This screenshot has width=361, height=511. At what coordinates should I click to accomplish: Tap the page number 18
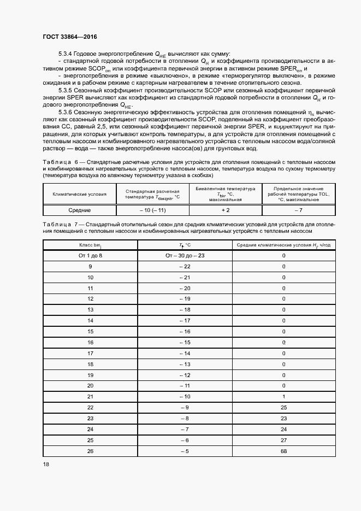46,463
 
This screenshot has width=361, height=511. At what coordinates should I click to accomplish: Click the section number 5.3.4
67,54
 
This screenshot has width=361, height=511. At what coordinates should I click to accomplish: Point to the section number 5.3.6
67,111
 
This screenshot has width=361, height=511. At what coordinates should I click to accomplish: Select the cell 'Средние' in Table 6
79,210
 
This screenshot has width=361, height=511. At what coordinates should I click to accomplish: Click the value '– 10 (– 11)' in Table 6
152,210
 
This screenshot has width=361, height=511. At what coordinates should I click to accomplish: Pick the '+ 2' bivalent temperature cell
225,210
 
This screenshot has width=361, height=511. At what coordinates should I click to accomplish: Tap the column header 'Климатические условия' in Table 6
79,194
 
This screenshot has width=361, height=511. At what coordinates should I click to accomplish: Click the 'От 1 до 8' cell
90,255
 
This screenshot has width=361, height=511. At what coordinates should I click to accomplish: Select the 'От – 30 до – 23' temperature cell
185,255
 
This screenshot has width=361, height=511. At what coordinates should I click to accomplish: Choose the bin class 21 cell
90,397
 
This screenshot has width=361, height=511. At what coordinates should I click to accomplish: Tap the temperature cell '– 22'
185,266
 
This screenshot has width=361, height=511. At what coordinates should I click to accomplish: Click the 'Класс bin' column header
90,245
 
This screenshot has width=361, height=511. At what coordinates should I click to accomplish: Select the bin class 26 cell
90,451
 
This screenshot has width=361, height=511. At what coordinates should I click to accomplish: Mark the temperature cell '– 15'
185,342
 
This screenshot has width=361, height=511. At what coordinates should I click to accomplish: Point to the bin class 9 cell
90,266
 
